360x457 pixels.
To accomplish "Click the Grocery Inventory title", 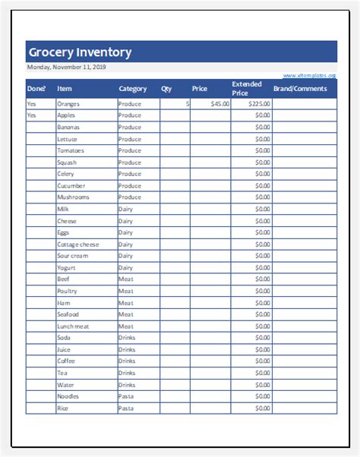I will pyautogui.click(x=80, y=52).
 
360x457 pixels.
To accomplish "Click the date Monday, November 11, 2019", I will pyautogui.click(x=66, y=68).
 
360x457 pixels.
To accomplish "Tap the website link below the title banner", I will pyautogui.click(x=309, y=76).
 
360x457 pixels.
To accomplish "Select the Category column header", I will pyautogui.click(x=133, y=89).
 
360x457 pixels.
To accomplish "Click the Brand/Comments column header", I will pyautogui.click(x=300, y=89).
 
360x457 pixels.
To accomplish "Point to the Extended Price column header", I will pyautogui.click(x=247, y=89).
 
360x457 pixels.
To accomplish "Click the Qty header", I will pyautogui.click(x=166, y=89).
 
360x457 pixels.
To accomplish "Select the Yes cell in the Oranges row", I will pyautogui.click(x=32, y=104).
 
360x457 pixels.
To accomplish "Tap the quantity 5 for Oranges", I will pyautogui.click(x=187, y=104).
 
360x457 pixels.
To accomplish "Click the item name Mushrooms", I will pyautogui.click(x=73, y=197).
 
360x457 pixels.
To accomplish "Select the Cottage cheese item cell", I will pyautogui.click(x=77, y=244).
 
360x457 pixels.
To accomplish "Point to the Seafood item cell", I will pyautogui.click(x=68, y=314).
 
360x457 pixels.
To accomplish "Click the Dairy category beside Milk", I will pyautogui.click(x=125, y=209).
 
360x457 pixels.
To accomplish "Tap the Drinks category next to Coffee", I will pyautogui.click(x=127, y=361).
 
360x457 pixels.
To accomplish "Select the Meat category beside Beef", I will pyautogui.click(x=125, y=279).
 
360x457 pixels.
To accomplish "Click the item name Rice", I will pyautogui.click(x=63, y=408).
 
